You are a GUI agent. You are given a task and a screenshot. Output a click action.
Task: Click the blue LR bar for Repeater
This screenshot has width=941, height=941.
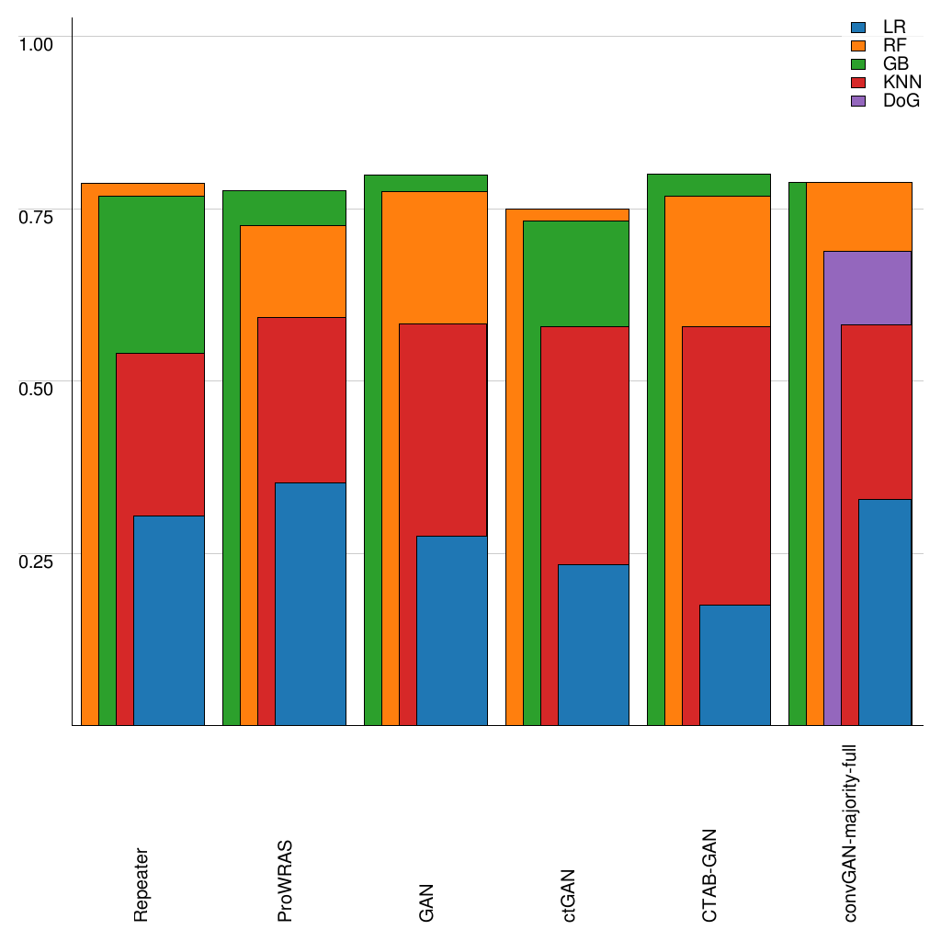point(169,620)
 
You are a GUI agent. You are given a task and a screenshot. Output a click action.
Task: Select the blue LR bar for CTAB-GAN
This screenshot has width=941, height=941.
point(735,664)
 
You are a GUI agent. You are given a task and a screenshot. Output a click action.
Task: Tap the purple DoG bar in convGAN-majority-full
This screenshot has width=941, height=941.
point(867,287)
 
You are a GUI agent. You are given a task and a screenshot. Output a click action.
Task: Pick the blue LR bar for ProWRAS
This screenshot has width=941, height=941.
point(311,604)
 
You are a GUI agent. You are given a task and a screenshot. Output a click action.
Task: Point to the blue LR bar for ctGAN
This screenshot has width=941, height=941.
point(594,644)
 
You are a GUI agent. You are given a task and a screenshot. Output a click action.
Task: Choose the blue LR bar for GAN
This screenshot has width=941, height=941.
point(452,630)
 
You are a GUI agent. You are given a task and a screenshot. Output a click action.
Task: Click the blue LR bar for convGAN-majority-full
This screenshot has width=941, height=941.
point(885,612)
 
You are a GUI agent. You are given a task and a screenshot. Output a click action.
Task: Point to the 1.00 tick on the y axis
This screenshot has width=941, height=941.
point(38,43)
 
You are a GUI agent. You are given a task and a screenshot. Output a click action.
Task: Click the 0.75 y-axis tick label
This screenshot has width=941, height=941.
point(38,216)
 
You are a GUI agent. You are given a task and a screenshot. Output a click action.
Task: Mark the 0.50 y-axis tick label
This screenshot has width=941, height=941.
point(38,388)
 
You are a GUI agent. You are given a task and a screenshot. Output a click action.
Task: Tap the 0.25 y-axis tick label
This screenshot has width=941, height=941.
point(38,561)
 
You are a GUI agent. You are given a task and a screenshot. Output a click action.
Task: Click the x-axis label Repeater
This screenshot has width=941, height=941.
point(141,885)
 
